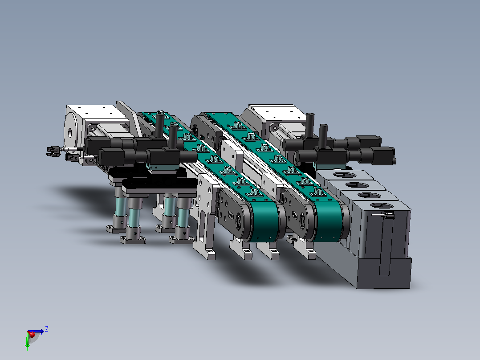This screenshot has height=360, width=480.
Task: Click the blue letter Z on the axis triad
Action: [x=46, y=329]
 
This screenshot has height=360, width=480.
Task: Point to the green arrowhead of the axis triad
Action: [x=27, y=347]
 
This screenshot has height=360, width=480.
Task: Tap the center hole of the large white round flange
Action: [x=70, y=133]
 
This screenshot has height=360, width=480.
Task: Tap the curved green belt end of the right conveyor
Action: [x=329, y=221]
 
